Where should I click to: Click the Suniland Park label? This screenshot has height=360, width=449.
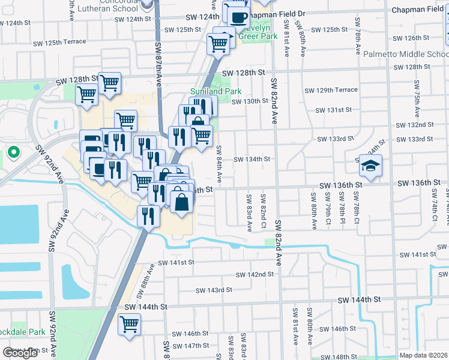(207, 91)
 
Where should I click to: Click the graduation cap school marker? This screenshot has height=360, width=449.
(370, 167)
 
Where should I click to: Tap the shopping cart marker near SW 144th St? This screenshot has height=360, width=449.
(130, 325)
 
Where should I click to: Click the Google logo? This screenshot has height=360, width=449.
(20, 353)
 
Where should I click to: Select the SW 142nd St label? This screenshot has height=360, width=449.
(255, 274)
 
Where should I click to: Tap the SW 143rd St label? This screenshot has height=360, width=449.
(214, 290)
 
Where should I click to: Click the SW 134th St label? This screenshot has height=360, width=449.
(252, 159)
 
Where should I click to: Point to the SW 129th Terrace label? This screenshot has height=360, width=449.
(331, 90)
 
